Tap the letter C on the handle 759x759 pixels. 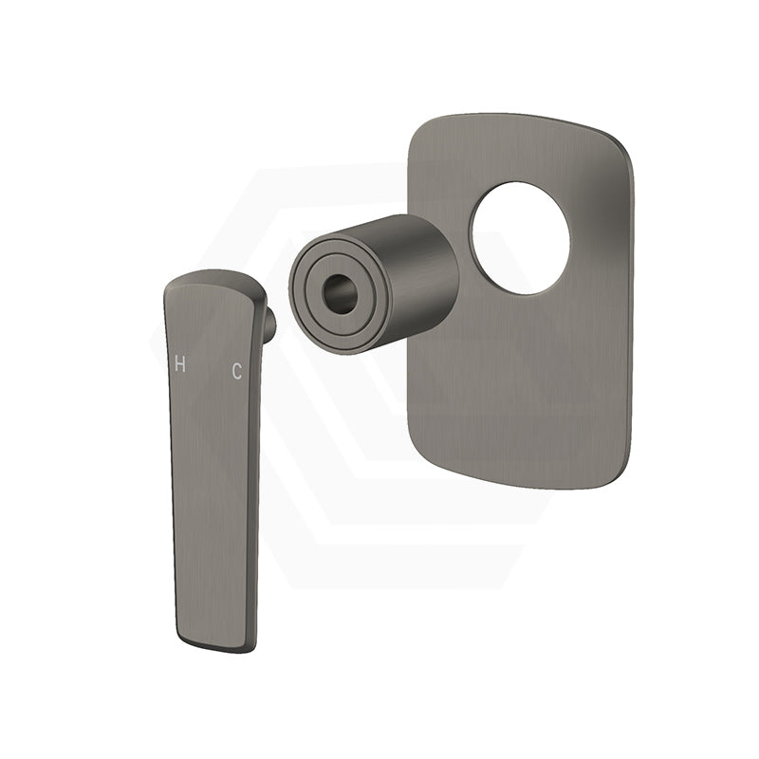click(236, 372)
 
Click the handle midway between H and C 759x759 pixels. click(208, 367)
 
